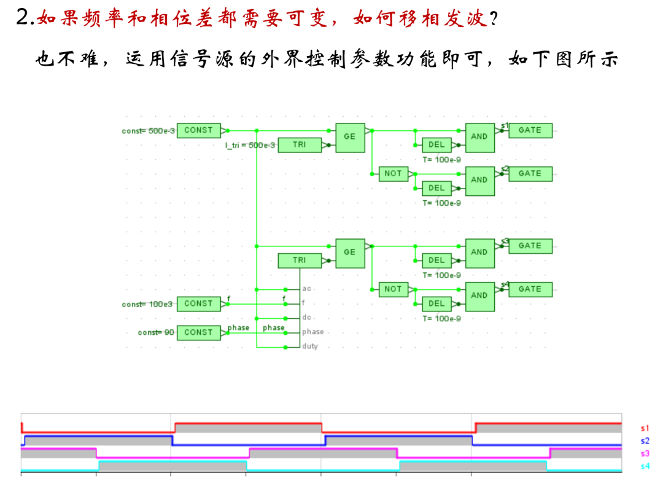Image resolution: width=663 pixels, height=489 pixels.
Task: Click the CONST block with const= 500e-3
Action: point(198,130)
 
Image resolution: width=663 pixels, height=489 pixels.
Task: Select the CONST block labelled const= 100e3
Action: point(198,303)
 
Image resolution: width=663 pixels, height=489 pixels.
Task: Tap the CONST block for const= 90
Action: point(198,332)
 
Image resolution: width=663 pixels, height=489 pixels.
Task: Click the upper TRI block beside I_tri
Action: point(299,145)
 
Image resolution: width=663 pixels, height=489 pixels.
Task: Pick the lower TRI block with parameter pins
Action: point(299,260)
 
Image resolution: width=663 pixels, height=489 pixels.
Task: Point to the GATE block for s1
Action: point(530,130)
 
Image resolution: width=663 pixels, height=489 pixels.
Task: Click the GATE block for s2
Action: point(530,174)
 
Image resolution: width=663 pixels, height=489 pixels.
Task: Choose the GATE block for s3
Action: point(530,246)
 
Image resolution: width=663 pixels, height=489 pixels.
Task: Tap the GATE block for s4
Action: point(530,289)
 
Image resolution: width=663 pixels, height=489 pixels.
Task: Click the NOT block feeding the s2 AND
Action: point(393,174)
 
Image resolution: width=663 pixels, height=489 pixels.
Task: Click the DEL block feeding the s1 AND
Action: point(436,145)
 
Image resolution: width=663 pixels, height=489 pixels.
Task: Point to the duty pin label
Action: point(310,346)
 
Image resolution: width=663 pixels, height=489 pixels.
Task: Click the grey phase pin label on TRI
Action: point(312,332)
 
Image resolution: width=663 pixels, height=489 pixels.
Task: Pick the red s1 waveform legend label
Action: point(645,428)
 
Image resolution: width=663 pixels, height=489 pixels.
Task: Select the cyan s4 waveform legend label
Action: point(645,466)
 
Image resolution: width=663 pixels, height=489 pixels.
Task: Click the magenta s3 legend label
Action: point(645,453)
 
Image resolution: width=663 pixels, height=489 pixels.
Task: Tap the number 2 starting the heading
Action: point(23,18)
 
